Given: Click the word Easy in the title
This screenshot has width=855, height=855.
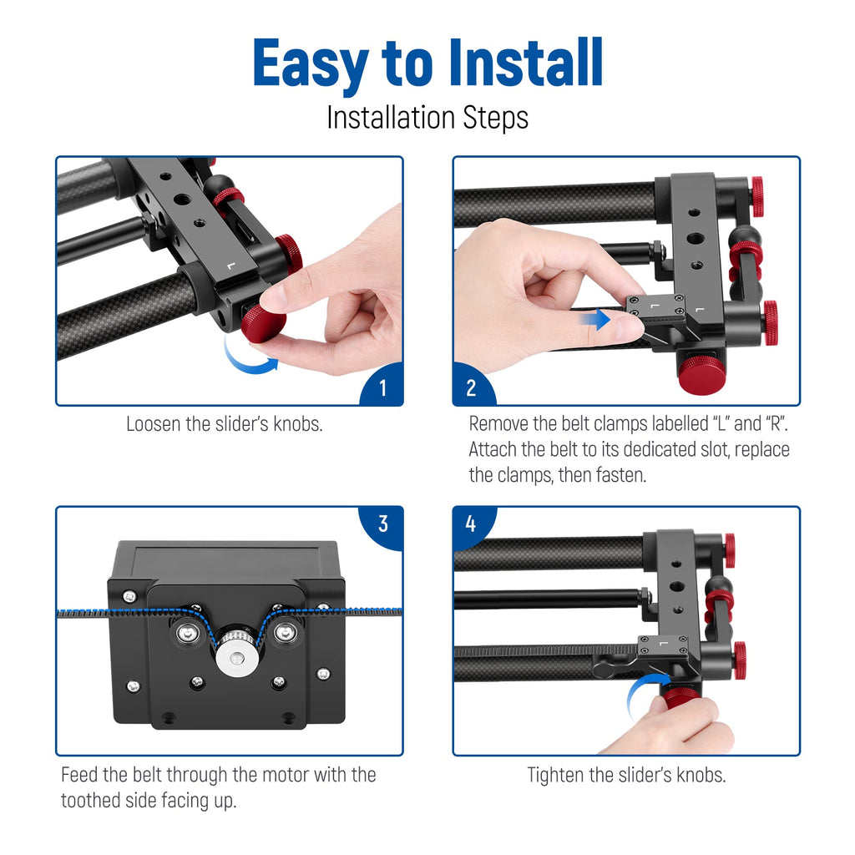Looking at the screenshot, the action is point(311,65).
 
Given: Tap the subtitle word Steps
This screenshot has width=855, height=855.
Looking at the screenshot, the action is point(496,118).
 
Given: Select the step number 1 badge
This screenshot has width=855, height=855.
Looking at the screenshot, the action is point(382,386).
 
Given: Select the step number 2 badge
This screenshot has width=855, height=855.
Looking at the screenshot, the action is point(473,386).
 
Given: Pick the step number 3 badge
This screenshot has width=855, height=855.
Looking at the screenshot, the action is point(382,524).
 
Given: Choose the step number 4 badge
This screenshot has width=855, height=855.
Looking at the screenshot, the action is point(473,524).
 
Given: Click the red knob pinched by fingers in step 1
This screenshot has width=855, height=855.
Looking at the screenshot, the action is point(264,324).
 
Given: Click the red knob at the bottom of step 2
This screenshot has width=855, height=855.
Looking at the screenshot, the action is point(701,372).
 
